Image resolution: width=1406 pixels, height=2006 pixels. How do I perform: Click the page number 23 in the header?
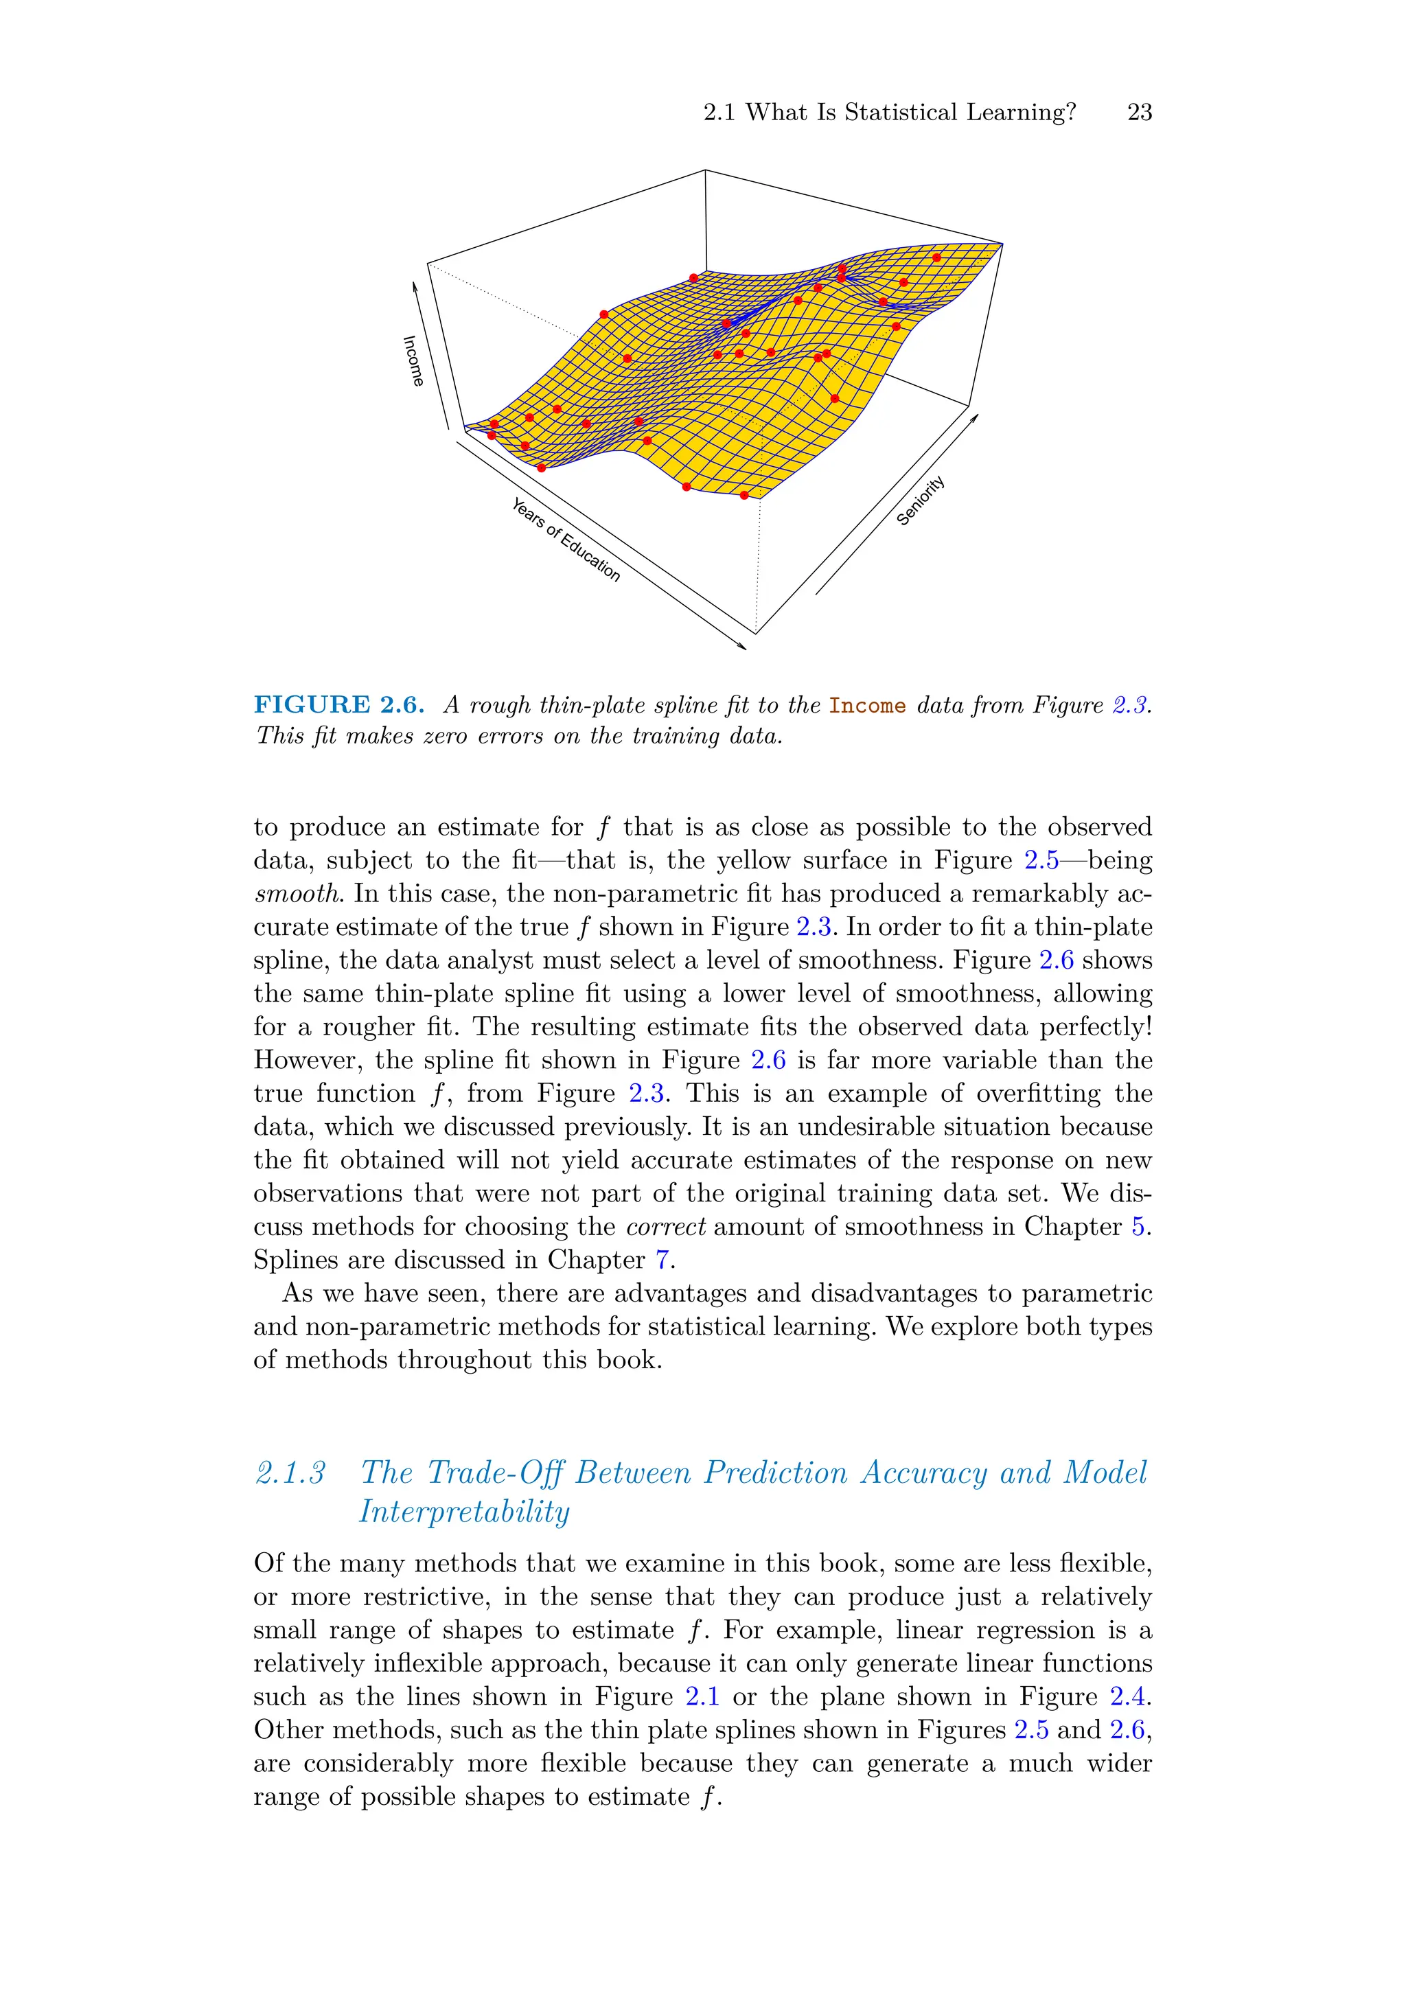[x=1139, y=113]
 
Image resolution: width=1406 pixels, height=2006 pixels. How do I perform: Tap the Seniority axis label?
[x=920, y=500]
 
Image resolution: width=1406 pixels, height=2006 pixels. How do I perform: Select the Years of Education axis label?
[x=566, y=539]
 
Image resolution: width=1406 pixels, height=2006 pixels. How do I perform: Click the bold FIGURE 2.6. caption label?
[x=339, y=704]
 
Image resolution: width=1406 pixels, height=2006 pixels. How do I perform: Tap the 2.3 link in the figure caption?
[x=1130, y=705]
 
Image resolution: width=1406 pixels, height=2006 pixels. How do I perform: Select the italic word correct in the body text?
[x=665, y=1226]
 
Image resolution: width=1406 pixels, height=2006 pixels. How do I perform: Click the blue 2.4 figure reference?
[x=1128, y=1696]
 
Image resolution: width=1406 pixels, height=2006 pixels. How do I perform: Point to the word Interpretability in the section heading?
[x=464, y=1512]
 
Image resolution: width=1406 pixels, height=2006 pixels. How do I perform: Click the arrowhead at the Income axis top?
[x=415, y=286]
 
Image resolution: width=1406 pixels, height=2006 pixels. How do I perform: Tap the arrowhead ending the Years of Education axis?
[x=743, y=647]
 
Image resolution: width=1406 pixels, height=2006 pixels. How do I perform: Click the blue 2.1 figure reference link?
[x=702, y=1696]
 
